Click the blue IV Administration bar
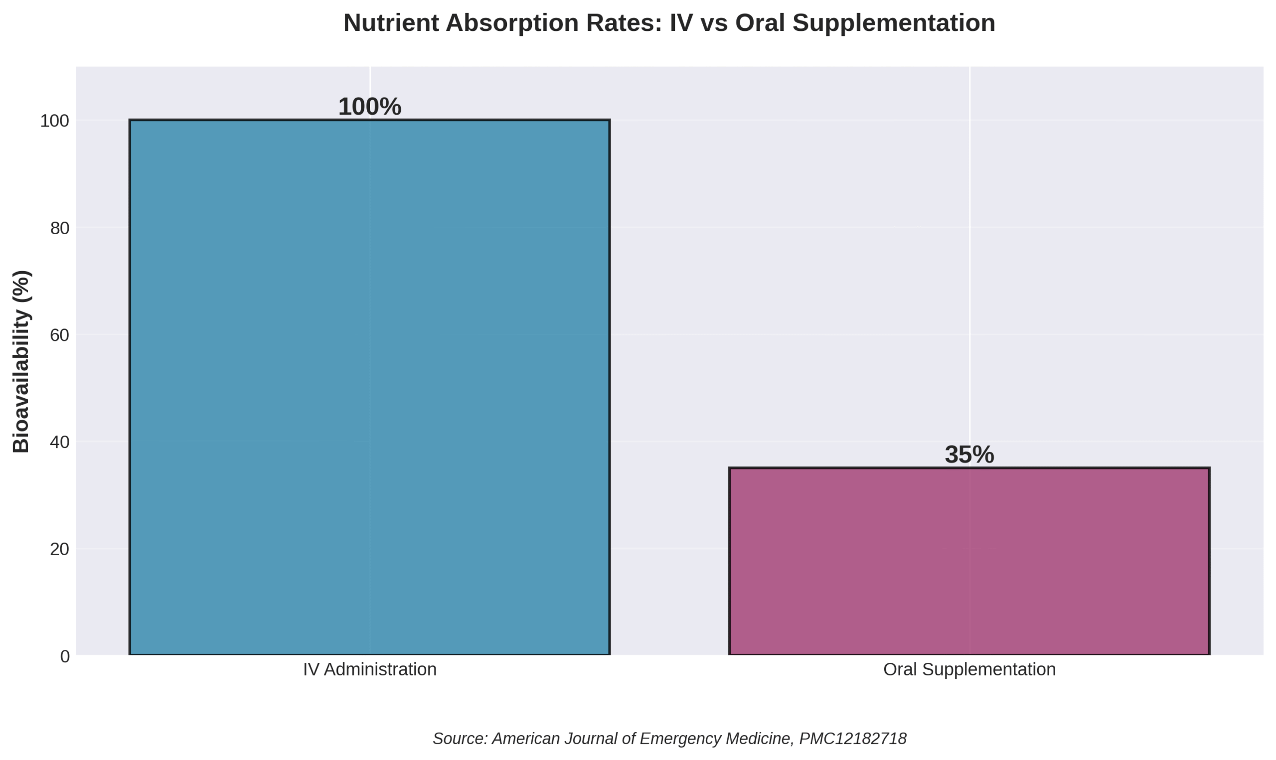[x=369, y=387]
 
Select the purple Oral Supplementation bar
[x=969, y=561]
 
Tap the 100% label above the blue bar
[x=369, y=107]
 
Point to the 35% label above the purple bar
[x=969, y=455]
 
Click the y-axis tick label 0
[x=64, y=656]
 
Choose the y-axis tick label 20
[x=59, y=549]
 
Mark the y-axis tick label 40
[x=59, y=442]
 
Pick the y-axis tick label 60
[x=59, y=335]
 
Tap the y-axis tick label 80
[x=59, y=228]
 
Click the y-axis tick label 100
[x=54, y=121]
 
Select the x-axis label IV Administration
[x=369, y=669]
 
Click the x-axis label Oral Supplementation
[x=969, y=669]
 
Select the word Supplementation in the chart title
[x=894, y=23]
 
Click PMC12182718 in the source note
[x=852, y=739]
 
